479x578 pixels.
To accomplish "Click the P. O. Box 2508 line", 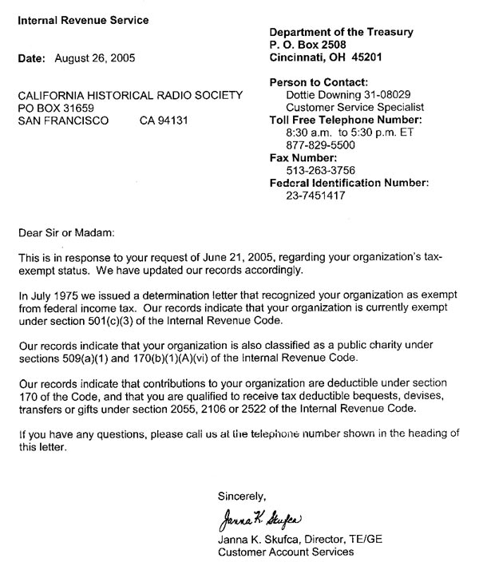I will pos(313,45).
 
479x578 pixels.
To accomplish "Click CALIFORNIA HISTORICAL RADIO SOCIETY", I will pos(129,95).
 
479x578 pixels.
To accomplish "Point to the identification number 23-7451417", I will pos(315,196).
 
